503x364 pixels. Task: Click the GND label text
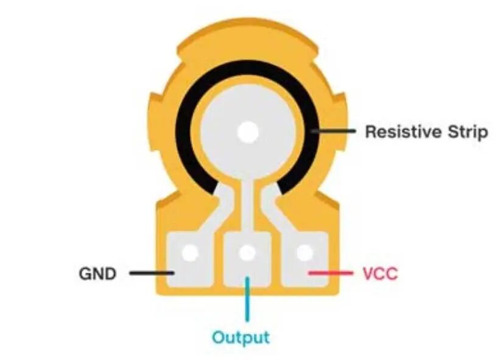[97, 274]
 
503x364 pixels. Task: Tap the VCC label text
[380, 274]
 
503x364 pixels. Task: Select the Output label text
[241, 337]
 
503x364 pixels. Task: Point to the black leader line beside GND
[152, 273]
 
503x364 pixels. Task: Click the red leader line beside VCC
[331, 273]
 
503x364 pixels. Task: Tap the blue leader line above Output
[247, 299]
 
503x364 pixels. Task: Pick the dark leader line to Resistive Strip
[333, 131]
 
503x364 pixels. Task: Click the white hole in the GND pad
[190, 253]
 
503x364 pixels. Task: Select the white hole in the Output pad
[247, 253]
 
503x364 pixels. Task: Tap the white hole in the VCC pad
[304, 253]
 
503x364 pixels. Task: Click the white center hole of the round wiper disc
[247, 132]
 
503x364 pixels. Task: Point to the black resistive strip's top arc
[247, 67]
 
